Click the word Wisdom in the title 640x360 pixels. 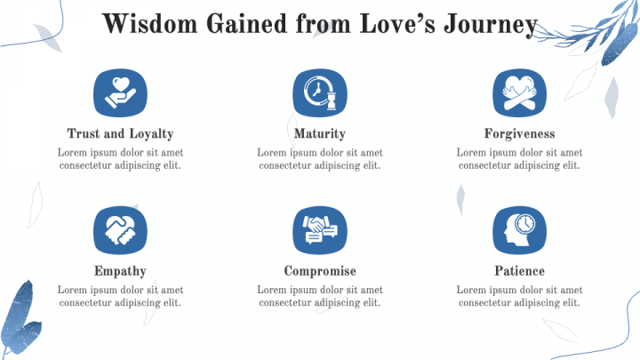pos(150,24)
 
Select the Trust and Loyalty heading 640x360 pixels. pos(120,134)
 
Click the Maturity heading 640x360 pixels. pos(320,134)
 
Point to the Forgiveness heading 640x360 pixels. pos(520,133)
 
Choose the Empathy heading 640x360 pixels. pos(120,271)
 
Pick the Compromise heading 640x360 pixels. pos(320,271)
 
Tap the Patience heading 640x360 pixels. pos(520,271)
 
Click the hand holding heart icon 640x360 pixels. pos(120,93)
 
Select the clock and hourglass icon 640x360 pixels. pos(320,93)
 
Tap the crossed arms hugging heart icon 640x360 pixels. pos(520,93)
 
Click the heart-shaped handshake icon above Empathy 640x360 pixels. pos(120,230)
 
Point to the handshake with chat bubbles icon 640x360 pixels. pos(320,230)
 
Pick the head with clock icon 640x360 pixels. pos(520,230)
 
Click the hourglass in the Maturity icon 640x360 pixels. pos(332,101)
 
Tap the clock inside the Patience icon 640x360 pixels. pos(525,224)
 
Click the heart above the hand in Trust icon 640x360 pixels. pos(121,84)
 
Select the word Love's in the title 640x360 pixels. pos(397,24)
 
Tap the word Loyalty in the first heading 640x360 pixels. pos(151,134)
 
